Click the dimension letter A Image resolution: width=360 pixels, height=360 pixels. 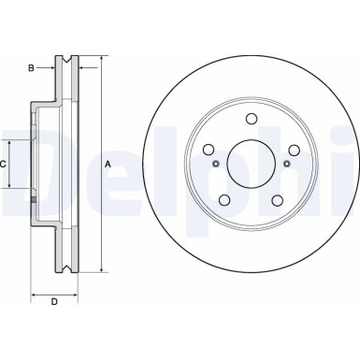(108, 165)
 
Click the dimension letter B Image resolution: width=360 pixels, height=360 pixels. (31, 67)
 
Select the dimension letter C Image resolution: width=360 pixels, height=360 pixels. (4, 165)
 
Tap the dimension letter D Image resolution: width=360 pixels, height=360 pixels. (54, 301)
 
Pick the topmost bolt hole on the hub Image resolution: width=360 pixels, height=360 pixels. (252, 119)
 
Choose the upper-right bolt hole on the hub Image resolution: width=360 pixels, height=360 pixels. (295, 150)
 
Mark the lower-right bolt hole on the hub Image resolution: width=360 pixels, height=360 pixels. (279, 201)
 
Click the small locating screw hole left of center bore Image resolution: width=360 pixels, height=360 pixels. (217, 165)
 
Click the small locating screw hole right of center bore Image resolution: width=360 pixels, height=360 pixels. (288, 165)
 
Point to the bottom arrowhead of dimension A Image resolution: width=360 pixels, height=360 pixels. (99, 271)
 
